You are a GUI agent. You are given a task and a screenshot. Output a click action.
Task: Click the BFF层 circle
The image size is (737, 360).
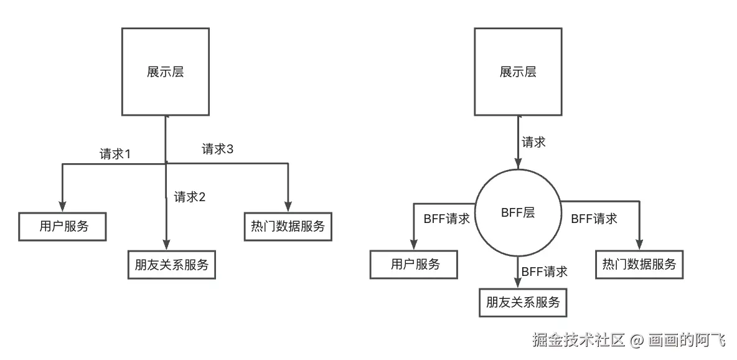tap(518, 212)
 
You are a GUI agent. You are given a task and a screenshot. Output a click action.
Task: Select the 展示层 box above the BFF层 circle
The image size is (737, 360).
tap(518, 72)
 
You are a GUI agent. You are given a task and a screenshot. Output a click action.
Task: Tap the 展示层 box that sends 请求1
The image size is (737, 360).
tap(165, 72)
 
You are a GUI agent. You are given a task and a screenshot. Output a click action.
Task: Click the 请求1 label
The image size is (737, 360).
tap(115, 154)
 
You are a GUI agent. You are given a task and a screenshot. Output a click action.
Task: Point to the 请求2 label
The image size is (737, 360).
tap(189, 197)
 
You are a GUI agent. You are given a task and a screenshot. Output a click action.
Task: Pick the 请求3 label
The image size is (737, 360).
tap(217, 149)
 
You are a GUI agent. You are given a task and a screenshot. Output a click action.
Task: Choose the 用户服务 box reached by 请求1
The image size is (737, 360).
tap(63, 226)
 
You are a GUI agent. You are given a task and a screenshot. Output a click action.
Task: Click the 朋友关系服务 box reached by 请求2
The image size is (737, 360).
tap(171, 265)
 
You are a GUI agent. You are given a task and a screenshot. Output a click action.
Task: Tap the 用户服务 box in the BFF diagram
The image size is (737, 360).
tap(415, 264)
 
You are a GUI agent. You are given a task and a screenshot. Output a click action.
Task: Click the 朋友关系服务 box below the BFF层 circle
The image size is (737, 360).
tap(523, 303)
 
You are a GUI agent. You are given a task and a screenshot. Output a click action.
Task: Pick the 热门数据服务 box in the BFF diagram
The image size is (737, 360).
tap(639, 264)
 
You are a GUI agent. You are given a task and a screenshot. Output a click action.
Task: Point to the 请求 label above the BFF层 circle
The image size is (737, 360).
tap(533, 142)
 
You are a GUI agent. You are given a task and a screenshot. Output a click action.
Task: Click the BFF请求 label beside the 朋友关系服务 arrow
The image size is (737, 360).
tap(544, 272)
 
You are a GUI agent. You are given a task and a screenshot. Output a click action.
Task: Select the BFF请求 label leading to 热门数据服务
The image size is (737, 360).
tap(594, 219)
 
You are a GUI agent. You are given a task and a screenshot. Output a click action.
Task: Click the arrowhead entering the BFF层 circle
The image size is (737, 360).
tap(518, 164)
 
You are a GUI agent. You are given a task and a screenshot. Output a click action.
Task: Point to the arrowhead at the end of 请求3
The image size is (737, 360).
tap(288, 206)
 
